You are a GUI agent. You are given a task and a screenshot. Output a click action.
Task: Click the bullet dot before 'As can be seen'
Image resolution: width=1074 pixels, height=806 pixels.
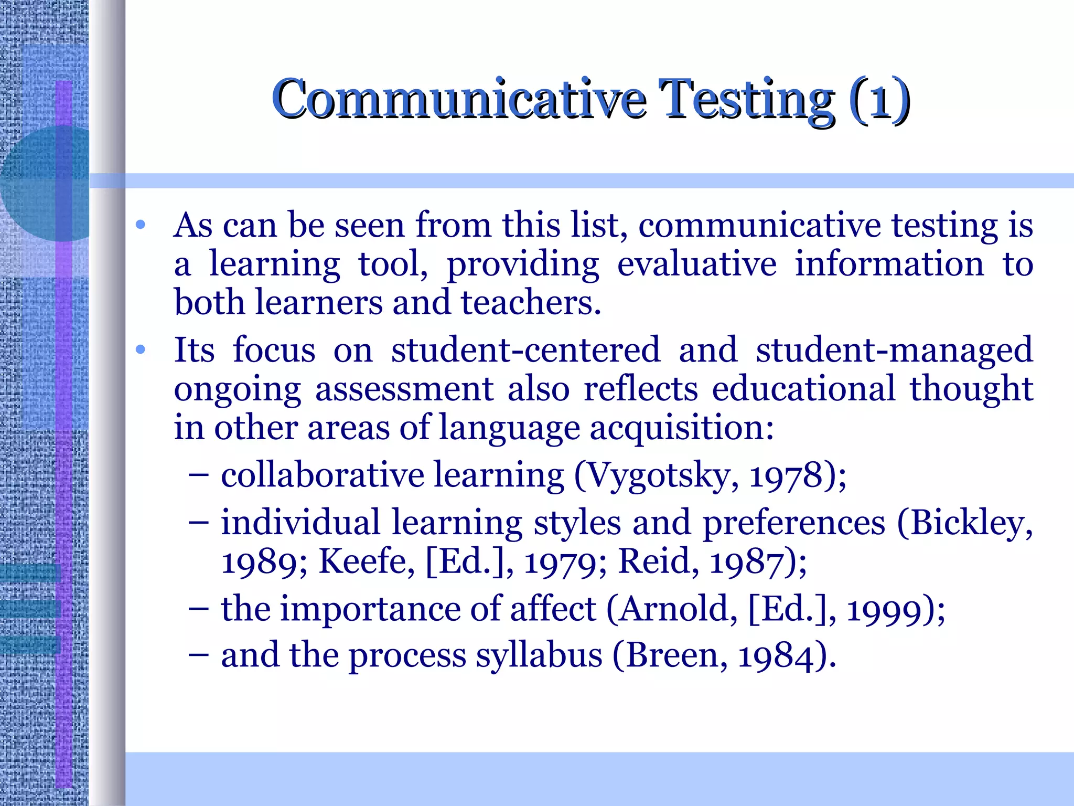(x=140, y=225)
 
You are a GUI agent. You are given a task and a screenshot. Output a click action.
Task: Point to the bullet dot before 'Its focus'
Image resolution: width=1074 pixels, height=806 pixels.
(x=140, y=349)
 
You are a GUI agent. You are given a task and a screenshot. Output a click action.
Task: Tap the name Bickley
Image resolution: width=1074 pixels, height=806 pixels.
(x=964, y=523)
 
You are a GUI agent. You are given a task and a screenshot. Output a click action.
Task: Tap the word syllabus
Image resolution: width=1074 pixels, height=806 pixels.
(x=539, y=656)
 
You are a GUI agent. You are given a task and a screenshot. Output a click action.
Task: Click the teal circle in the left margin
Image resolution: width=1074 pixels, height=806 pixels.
(x=45, y=184)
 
